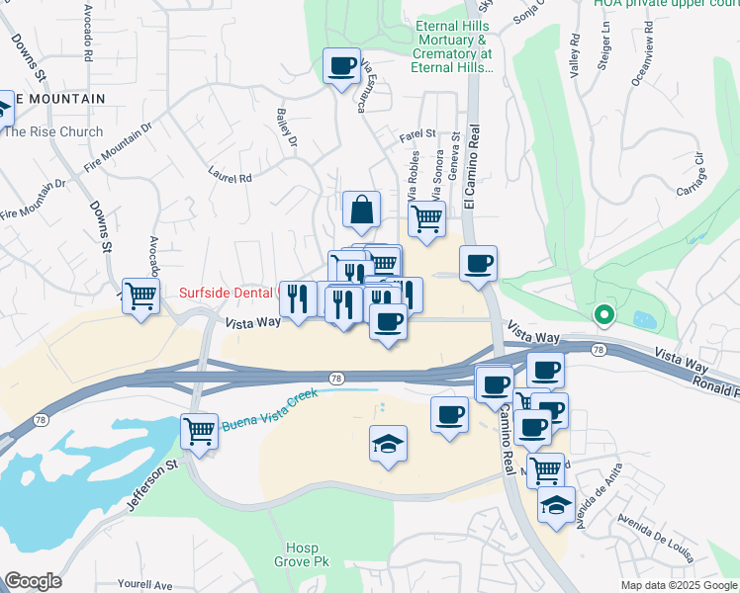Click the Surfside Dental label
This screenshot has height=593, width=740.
(226, 293)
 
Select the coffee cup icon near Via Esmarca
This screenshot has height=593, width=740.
(342, 66)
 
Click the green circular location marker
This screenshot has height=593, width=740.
(603, 316)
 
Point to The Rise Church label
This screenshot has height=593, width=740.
(53, 131)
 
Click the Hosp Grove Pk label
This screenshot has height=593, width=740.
(301, 554)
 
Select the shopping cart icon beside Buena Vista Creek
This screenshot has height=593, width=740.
(200, 431)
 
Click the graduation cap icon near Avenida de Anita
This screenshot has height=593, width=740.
(557, 504)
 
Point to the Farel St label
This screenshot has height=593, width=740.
(417, 132)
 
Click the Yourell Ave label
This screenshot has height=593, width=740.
(144, 584)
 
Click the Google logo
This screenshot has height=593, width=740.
(33, 581)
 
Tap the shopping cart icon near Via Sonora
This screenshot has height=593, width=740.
(426, 218)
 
